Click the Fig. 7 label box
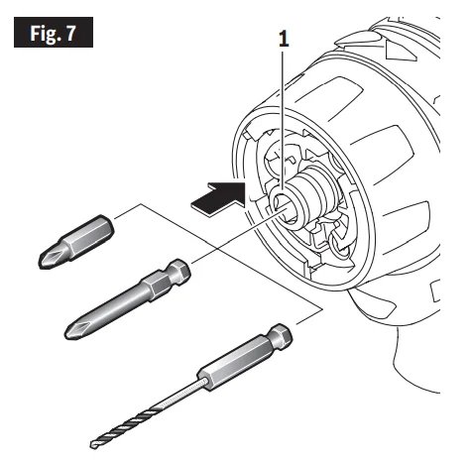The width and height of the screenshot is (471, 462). tap(54, 32)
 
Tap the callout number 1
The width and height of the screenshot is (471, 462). tap(284, 40)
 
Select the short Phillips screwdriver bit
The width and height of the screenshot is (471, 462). tap(76, 241)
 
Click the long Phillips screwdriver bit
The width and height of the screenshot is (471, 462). tap(127, 299)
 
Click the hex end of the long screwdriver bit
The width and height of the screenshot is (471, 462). tap(179, 270)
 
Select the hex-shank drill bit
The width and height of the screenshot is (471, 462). tap(191, 386)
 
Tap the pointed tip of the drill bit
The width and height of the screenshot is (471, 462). tap(92, 445)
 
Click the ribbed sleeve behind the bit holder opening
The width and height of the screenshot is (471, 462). tap(309, 191)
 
